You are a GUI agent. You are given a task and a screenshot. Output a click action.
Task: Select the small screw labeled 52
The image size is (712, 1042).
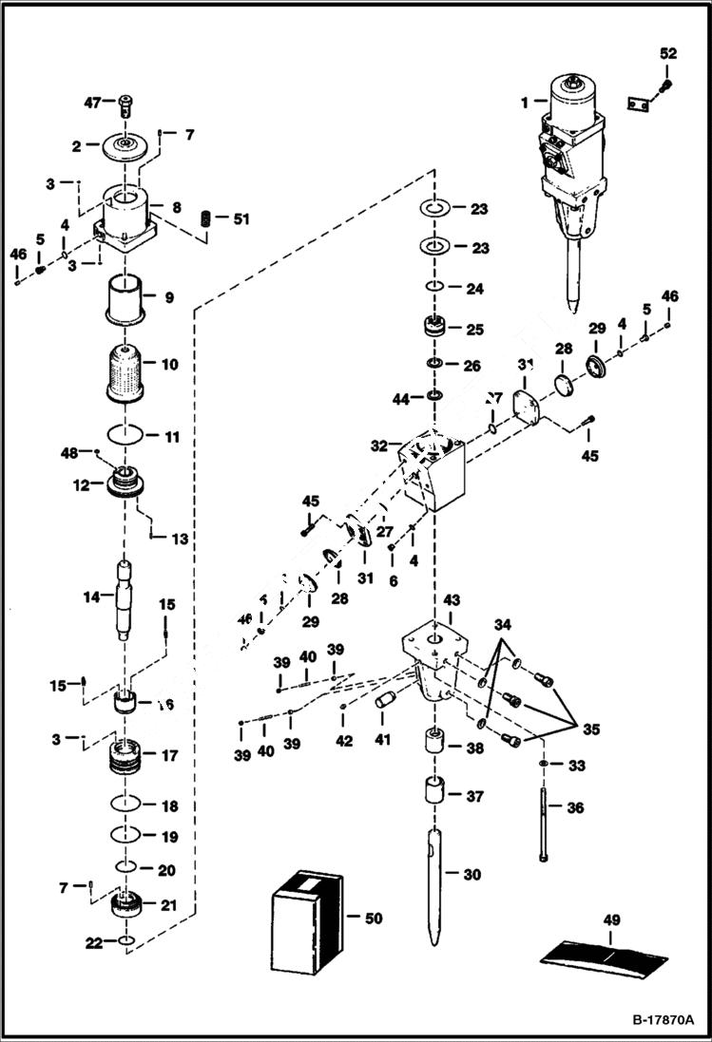[x=666, y=87]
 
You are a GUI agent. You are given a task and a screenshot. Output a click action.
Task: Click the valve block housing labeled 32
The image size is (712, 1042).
[x=433, y=471]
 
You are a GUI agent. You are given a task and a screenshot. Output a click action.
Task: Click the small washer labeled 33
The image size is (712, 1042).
[x=543, y=765]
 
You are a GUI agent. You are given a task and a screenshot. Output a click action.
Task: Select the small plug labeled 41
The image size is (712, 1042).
[x=386, y=701]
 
